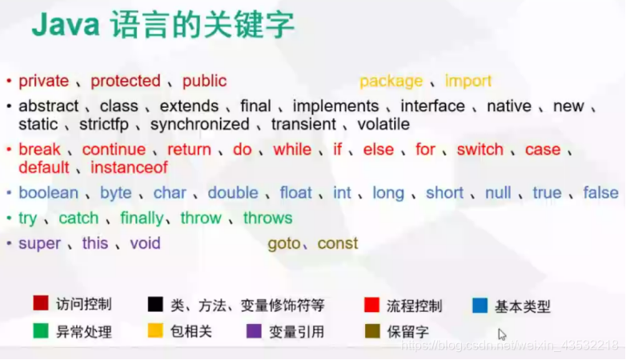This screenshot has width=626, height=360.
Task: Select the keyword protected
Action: (126, 81)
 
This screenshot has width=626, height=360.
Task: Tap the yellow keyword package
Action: (391, 81)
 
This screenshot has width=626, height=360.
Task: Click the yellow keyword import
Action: (468, 81)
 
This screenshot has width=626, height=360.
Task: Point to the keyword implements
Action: (335, 106)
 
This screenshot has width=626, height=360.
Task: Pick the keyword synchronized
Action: (199, 124)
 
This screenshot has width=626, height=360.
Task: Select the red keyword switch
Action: (480, 150)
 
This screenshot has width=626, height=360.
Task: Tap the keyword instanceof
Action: (128, 168)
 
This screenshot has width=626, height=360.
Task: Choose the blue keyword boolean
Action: (49, 193)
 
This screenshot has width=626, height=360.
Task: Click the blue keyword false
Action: (600, 193)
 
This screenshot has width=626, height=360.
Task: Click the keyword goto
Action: (284, 243)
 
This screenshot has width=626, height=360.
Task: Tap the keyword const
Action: (338, 243)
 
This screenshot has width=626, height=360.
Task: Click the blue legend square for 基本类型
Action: (480, 305)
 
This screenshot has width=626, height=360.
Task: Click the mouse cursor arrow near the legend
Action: (501, 334)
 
